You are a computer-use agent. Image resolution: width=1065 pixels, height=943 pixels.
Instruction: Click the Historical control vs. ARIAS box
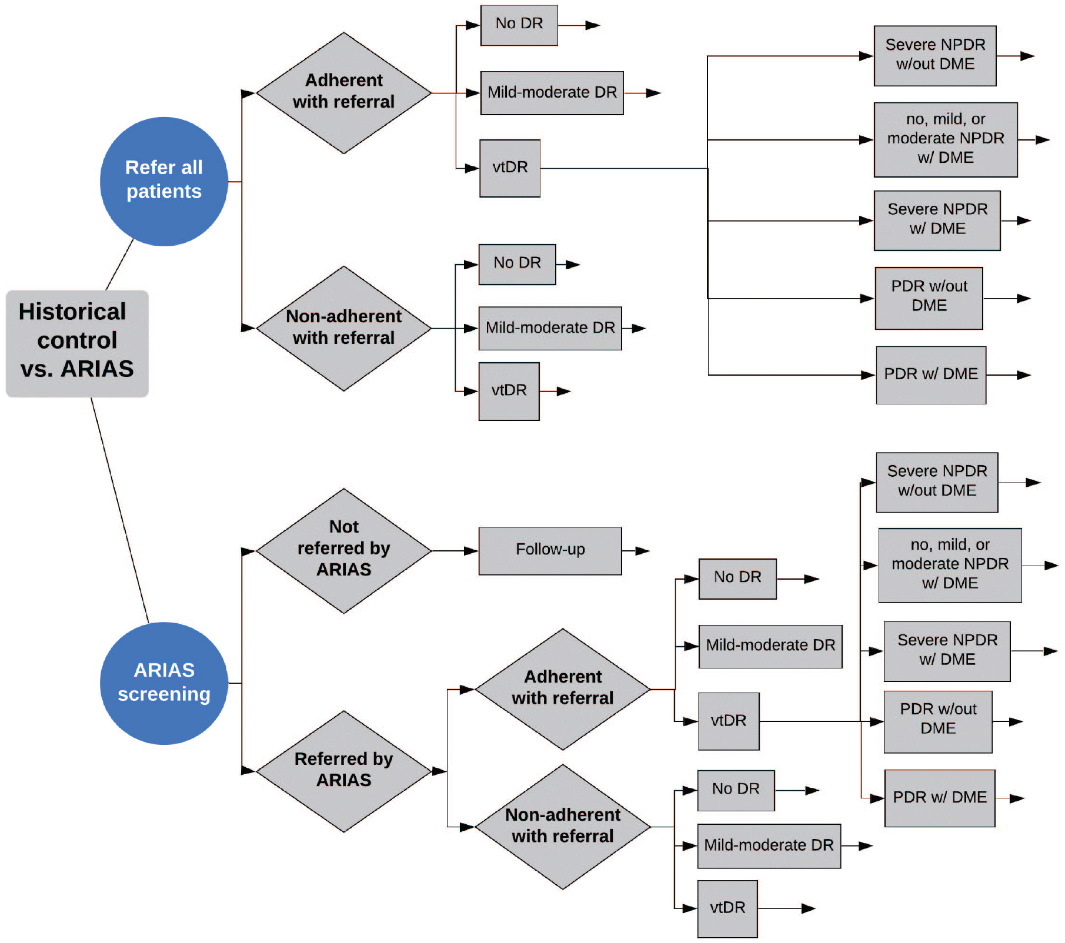point(77,343)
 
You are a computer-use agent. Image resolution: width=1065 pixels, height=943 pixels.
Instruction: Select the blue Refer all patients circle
point(164,181)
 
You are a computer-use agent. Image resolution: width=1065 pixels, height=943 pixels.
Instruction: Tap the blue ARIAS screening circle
point(164,683)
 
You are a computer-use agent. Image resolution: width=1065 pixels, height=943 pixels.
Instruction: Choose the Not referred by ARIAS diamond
point(344,551)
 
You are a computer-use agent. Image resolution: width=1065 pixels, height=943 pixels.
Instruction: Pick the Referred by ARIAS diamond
point(344,771)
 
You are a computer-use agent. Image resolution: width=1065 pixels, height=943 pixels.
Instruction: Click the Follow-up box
point(550,551)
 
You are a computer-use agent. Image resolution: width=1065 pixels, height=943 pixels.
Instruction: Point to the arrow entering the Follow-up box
point(455,551)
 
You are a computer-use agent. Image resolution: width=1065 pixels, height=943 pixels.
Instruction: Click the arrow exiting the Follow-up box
point(636,551)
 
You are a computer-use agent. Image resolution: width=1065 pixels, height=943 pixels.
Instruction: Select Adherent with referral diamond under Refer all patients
point(344,93)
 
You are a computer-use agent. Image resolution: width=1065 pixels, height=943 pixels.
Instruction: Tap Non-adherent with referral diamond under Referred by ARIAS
point(563,827)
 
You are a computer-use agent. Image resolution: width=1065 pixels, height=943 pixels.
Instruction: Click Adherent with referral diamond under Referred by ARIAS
point(563,689)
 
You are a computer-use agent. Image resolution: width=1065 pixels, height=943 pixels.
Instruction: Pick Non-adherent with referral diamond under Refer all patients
point(344,328)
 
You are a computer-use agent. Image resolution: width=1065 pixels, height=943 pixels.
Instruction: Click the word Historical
point(72,312)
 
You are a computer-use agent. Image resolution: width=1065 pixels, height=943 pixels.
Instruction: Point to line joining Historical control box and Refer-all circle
point(120,264)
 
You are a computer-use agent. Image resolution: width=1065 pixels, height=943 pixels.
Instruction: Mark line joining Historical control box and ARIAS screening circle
point(120,510)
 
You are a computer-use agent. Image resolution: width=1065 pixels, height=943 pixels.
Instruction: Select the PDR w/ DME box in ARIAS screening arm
point(940,798)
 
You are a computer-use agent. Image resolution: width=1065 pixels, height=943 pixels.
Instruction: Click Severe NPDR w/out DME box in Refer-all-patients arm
point(935,56)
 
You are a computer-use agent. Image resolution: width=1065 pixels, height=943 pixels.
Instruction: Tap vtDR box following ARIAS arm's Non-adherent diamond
point(727,909)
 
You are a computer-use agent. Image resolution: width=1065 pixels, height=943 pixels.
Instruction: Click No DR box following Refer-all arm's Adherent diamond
point(519,25)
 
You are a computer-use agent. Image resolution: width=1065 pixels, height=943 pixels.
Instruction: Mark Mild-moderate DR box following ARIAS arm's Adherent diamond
point(770,646)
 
